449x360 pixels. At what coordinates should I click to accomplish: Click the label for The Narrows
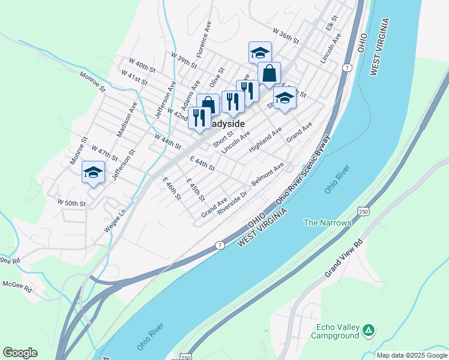coord(327,223)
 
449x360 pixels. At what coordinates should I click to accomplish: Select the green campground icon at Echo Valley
coord(369,329)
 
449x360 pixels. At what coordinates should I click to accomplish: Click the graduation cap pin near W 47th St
coord(93,172)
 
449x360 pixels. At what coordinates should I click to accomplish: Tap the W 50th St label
coord(72,204)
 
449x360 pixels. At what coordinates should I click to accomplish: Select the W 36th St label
coord(285,35)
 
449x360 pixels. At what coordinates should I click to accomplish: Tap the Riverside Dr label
coord(233,203)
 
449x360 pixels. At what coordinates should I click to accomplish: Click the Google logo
coord(20,353)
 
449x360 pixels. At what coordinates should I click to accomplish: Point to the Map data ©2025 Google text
coord(412,355)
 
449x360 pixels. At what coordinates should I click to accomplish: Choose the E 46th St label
coord(172,188)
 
